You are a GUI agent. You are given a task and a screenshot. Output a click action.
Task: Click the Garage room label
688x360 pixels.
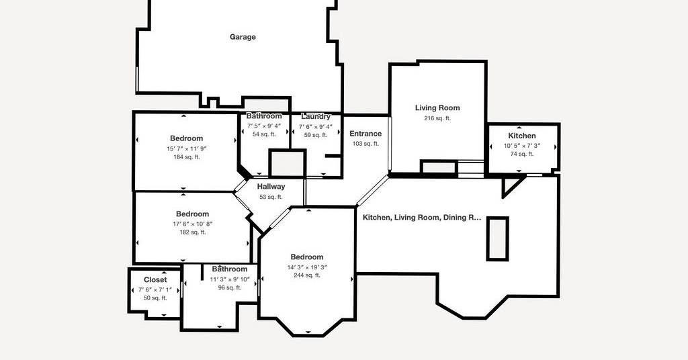[243, 37]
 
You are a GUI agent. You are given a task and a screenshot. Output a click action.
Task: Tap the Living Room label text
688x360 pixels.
[437, 108]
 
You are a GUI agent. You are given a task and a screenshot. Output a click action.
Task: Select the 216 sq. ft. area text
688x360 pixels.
[437, 118]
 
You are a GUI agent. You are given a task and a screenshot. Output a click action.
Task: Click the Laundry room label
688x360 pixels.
[316, 117]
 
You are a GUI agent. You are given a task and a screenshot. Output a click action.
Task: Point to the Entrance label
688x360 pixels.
[365, 134]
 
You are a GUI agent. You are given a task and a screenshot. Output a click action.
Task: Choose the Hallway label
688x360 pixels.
[271, 187]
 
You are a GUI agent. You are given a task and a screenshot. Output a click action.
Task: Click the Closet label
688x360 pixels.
[155, 280]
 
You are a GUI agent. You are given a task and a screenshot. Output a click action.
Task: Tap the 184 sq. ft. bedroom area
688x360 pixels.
[187, 157]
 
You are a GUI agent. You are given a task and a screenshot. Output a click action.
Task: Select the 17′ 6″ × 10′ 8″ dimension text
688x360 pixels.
[193, 224]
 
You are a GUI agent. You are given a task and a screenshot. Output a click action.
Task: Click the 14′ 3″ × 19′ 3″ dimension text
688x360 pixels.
[307, 267]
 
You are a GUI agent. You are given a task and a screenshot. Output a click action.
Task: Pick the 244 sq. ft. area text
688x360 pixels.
[307, 275]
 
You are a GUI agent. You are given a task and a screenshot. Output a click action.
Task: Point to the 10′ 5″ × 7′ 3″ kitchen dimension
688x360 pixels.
[522, 146]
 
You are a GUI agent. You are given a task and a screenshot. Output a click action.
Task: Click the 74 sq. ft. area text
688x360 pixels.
[522, 154]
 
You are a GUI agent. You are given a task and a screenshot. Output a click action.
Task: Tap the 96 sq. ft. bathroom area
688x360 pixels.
[230, 288]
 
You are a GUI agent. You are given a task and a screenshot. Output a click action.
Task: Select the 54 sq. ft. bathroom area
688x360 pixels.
[264, 134]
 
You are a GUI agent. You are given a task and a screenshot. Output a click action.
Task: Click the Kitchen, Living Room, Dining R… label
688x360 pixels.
[422, 218]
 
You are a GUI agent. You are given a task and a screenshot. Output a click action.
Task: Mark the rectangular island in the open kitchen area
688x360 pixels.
[498, 239]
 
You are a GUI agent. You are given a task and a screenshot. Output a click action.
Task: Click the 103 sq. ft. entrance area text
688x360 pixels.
[365, 144]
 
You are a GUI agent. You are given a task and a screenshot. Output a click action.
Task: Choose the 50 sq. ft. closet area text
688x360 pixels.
[155, 298]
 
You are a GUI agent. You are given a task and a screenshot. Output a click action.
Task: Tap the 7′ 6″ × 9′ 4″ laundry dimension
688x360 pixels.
[316, 127]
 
